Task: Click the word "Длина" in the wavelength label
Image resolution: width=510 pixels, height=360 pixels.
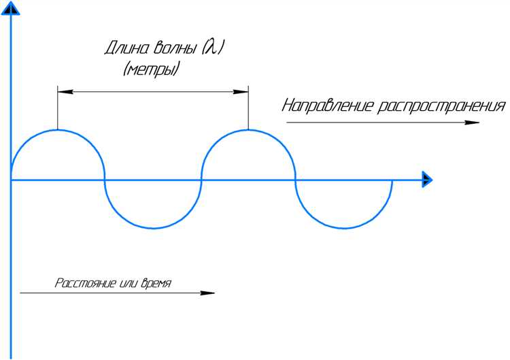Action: coord(126,48)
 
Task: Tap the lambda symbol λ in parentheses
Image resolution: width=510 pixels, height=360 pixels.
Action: coord(212,48)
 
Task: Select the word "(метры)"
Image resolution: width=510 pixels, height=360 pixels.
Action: coord(151,69)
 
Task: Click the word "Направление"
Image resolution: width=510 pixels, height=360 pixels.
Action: coord(328,106)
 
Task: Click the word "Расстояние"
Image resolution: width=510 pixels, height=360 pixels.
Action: coord(85,283)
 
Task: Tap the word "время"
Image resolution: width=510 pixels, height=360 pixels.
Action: coord(156,283)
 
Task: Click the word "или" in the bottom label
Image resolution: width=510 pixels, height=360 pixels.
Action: coord(128,283)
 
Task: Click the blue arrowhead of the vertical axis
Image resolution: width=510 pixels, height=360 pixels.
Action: coord(11,8)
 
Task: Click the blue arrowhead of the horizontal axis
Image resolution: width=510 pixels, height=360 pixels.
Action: coord(427,180)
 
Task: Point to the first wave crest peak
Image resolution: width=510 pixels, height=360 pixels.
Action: coord(58,130)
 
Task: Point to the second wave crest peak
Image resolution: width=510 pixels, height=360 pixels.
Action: coord(248,130)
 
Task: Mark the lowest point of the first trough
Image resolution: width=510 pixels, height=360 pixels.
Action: coord(154,228)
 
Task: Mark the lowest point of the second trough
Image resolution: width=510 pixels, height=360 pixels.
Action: coord(345,228)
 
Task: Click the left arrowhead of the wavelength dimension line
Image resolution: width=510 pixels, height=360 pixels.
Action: coord(65,92)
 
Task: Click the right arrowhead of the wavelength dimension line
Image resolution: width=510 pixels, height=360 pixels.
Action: coord(241,92)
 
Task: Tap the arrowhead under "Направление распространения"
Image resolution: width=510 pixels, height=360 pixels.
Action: coord(472,122)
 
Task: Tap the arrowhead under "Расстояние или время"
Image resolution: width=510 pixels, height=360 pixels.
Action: coord(207,293)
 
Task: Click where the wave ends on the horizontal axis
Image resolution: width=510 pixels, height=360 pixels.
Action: coord(392,180)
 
